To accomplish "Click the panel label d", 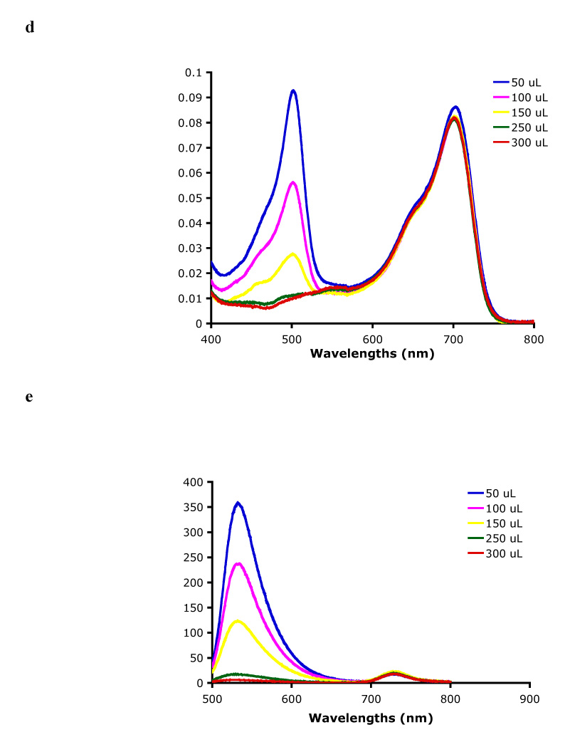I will [29, 27].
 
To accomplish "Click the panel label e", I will [29, 397].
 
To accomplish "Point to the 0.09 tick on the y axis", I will [193, 98].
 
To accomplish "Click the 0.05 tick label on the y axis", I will [193, 198].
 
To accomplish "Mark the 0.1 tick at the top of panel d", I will [196, 73].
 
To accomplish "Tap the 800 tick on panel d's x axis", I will [534, 339].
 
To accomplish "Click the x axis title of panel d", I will [372, 353].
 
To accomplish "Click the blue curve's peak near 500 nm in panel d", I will [292, 90].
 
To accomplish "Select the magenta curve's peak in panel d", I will [292, 182].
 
